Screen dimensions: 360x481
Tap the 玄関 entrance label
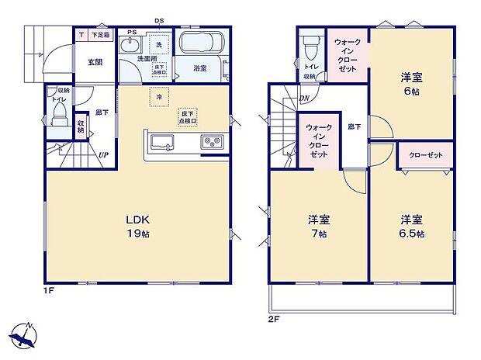pyautogui.click(x=95, y=62)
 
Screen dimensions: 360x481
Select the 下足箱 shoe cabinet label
pyautogui.click(x=101, y=36)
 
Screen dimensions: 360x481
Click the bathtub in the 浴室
pyautogui.click(x=201, y=43)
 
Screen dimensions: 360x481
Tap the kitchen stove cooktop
pyautogui.click(x=211, y=141)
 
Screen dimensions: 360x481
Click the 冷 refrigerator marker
pyautogui.click(x=159, y=98)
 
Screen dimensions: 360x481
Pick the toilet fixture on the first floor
pyautogui.click(x=58, y=117)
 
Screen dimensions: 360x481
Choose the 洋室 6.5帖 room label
pyautogui.click(x=411, y=225)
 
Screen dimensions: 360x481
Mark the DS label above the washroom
pyautogui.click(x=158, y=21)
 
